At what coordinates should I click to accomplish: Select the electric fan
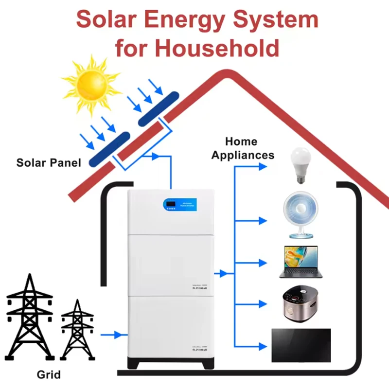[300, 216]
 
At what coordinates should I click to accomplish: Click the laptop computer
[300, 262]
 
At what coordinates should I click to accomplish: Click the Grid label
[49, 375]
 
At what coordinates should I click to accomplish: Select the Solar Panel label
[49, 162]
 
